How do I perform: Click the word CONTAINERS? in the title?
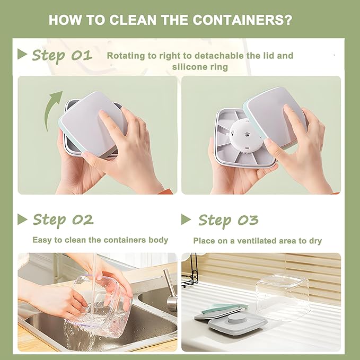point(242,20)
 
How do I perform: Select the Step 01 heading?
point(62,55)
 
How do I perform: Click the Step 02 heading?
point(63,220)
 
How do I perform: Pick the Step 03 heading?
point(228,221)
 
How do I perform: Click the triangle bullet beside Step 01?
point(22,54)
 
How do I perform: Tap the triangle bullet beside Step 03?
point(186,219)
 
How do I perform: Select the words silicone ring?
point(200,67)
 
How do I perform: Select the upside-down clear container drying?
point(283,296)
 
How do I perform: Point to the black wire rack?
point(190,270)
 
